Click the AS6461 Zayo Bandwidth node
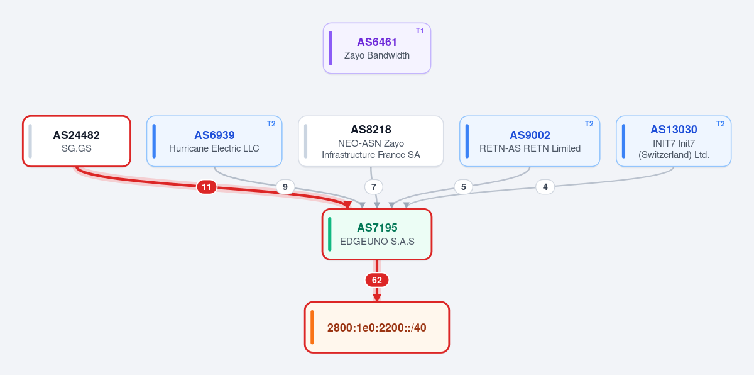click(x=376, y=48)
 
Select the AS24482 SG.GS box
click(x=77, y=141)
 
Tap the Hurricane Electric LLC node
click(x=214, y=141)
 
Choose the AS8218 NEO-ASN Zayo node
click(x=371, y=141)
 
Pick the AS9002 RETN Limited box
click(x=530, y=141)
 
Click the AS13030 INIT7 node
click(x=674, y=141)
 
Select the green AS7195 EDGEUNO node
click(x=376, y=234)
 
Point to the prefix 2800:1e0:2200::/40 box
click(x=376, y=327)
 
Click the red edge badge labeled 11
click(x=206, y=187)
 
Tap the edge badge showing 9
click(x=285, y=187)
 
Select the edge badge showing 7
click(x=374, y=187)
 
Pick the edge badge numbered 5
click(x=464, y=187)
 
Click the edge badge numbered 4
click(x=545, y=187)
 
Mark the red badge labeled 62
click(x=376, y=280)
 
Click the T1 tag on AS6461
click(x=420, y=31)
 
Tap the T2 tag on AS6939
click(x=271, y=124)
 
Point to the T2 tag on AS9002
click(x=589, y=124)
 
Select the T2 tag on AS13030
click(x=720, y=124)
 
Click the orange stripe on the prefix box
click(x=312, y=327)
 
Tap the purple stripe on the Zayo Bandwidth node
click(x=331, y=48)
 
